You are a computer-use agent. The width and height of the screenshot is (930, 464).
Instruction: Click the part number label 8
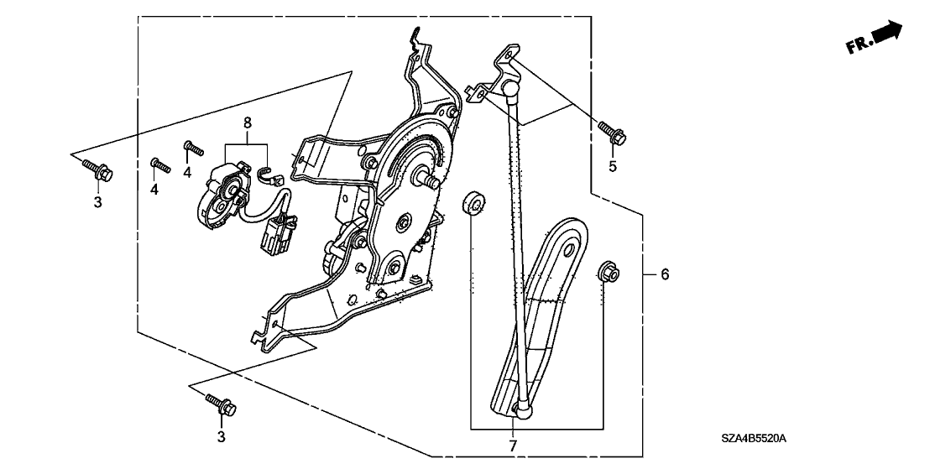click(248, 123)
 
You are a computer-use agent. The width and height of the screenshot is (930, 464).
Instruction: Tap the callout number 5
click(613, 166)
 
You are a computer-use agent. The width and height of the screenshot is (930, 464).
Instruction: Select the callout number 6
click(665, 274)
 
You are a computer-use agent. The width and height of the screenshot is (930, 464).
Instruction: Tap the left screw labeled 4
click(159, 164)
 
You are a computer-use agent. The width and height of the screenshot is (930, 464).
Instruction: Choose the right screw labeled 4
click(194, 149)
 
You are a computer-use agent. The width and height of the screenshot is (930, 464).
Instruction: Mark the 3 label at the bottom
click(222, 436)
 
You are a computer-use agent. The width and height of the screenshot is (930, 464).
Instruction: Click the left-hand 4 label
click(154, 190)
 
